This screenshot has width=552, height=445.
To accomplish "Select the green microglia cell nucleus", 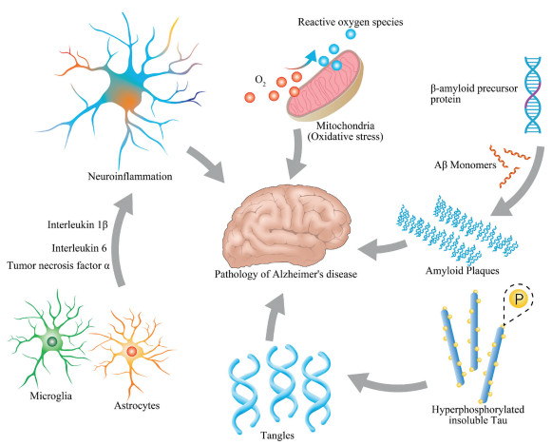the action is (52, 341).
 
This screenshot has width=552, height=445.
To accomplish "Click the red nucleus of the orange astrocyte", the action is (132, 351).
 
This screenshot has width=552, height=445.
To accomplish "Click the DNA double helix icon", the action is (533, 95).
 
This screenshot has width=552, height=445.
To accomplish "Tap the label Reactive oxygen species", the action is (351, 22).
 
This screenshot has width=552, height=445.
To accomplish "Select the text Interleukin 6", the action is (79, 248).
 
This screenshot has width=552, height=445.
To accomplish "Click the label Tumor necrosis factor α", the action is (59, 265).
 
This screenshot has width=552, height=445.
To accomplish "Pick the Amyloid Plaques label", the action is (463, 271).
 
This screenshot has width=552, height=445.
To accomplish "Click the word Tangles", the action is (277, 435).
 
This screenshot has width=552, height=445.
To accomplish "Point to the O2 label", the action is (260, 81).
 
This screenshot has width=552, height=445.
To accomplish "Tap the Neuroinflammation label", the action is (130, 176).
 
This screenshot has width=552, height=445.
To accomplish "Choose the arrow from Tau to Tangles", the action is (388, 384).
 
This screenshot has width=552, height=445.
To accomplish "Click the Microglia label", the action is (51, 396).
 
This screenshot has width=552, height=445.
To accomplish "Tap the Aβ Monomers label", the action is (465, 164).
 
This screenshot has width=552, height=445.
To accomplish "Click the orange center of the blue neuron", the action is (129, 101).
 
